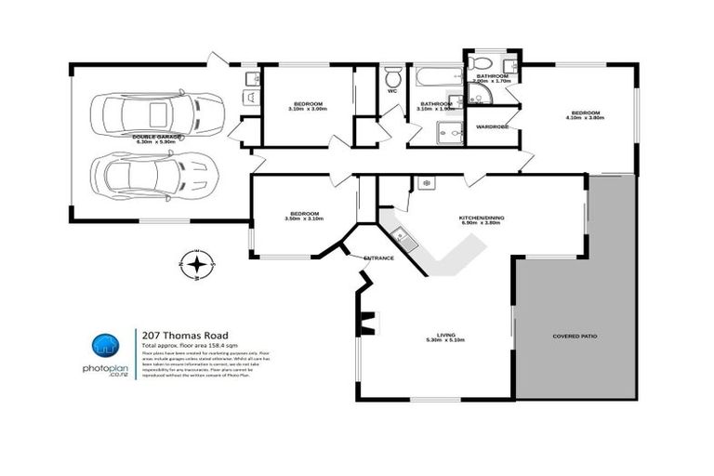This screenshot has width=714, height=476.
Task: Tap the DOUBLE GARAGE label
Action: (x=157, y=136)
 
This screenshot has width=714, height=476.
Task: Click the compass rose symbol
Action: (x=197, y=265)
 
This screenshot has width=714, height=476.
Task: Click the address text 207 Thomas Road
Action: (x=184, y=336)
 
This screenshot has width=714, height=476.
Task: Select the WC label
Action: (x=391, y=91)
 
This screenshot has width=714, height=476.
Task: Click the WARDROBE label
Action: (x=492, y=126)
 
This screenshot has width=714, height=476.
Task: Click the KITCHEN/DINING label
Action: (x=480, y=218)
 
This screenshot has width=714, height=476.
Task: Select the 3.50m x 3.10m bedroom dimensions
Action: (x=304, y=219)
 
